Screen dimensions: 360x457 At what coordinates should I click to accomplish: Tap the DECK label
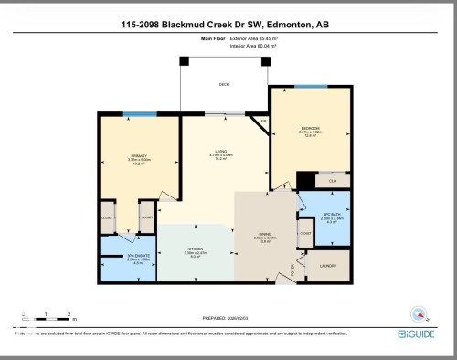[x=223, y=83]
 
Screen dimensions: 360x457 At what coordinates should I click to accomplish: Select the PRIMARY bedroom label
[x=139, y=157]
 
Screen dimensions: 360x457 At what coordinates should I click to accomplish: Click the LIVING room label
[x=220, y=153]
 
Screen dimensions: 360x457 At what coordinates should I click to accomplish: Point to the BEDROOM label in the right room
[x=310, y=129]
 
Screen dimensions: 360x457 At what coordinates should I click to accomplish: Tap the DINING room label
[x=266, y=235]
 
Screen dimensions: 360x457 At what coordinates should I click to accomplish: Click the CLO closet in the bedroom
[x=333, y=181]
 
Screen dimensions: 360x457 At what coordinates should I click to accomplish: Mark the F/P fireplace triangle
[x=262, y=123]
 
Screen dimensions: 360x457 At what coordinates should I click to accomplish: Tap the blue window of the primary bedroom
[x=139, y=114]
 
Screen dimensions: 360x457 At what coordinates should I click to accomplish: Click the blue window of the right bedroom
[x=311, y=87]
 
